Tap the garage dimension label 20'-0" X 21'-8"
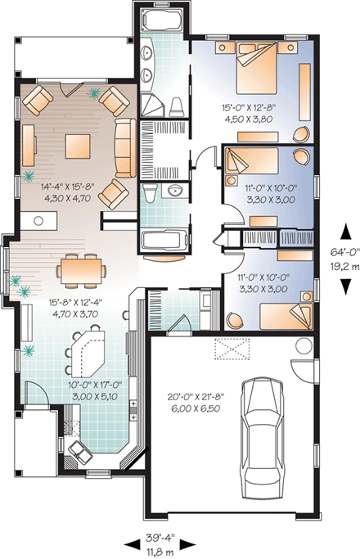[190, 403]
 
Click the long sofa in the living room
[124, 147]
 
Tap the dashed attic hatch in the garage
[233, 350]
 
